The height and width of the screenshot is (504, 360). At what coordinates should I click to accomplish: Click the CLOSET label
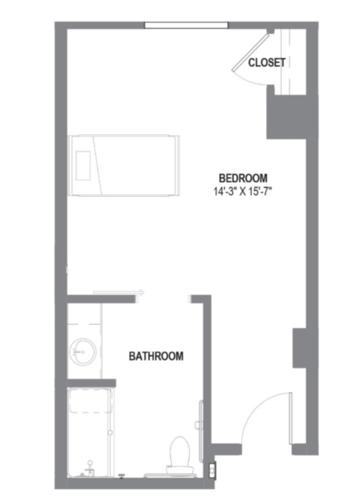(x=267, y=62)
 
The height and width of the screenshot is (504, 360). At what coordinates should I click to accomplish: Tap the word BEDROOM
(x=243, y=178)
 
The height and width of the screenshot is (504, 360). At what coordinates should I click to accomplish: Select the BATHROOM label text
(x=156, y=356)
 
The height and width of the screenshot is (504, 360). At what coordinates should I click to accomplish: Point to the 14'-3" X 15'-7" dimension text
(x=243, y=192)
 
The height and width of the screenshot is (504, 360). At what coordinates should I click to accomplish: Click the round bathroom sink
(x=83, y=352)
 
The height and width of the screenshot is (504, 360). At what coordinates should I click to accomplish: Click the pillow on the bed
(x=83, y=166)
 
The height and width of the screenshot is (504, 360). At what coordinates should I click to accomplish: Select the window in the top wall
(x=186, y=25)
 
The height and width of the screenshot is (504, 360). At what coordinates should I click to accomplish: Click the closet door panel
(x=250, y=53)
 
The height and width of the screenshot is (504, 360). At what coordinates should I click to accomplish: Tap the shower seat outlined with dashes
(x=91, y=401)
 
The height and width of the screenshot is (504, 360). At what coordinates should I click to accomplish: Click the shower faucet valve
(x=90, y=467)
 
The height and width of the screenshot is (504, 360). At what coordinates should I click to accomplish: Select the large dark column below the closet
(x=286, y=117)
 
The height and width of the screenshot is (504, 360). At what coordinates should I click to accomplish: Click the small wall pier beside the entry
(x=299, y=348)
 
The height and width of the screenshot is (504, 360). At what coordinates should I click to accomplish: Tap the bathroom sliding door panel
(x=118, y=292)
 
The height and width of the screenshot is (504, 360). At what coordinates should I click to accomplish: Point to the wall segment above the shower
(x=91, y=383)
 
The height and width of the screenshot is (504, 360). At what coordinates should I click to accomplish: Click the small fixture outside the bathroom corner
(x=212, y=471)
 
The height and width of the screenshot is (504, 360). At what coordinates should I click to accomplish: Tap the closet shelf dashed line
(x=290, y=62)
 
